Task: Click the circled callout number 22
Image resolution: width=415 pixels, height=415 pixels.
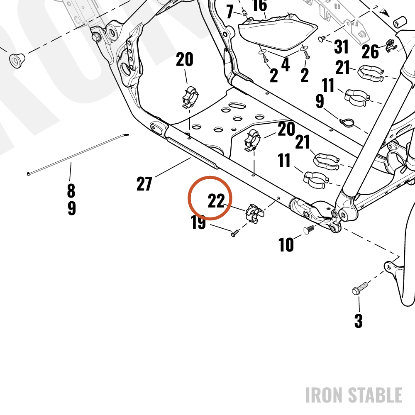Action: (x=216, y=200)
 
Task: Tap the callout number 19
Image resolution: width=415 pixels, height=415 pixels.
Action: (x=198, y=222)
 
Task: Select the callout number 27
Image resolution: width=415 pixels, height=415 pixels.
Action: (x=144, y=184)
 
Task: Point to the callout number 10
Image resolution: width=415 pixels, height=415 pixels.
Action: (x=286, y=244)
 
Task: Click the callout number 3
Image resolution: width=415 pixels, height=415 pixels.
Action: (x=359, y=321)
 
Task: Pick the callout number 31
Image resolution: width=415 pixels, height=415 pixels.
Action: (x=341, y=47)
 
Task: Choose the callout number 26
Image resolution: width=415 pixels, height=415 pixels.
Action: (x=370, y=51)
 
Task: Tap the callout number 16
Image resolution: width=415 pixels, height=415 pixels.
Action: (x=260, y=5)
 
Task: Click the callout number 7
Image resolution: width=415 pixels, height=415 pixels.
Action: (x=230, y=12)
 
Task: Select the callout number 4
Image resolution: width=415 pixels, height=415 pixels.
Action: (x=286, y=64)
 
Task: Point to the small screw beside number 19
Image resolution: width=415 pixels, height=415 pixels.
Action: (x=234, y=233)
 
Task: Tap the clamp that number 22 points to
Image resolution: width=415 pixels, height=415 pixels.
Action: (x=254, y=214)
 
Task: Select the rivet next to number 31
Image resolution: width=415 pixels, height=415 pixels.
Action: (x=322, y=39)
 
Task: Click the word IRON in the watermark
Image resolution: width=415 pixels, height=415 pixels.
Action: (x=325, y=395)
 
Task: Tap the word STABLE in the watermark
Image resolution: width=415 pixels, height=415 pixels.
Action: (x=375, y=395)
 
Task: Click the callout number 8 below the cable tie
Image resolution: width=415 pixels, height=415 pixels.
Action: (x=71, y=190)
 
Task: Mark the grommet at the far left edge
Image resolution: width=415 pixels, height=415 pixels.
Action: (x=17, y=61)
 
